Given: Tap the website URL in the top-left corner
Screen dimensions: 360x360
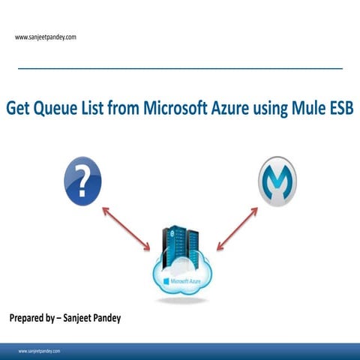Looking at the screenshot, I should (45, 37).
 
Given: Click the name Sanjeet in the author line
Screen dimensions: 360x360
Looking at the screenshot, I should (88, 318).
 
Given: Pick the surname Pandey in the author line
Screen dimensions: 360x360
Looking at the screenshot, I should (121, 318).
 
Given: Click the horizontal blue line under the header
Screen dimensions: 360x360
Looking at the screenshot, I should (180, 68).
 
